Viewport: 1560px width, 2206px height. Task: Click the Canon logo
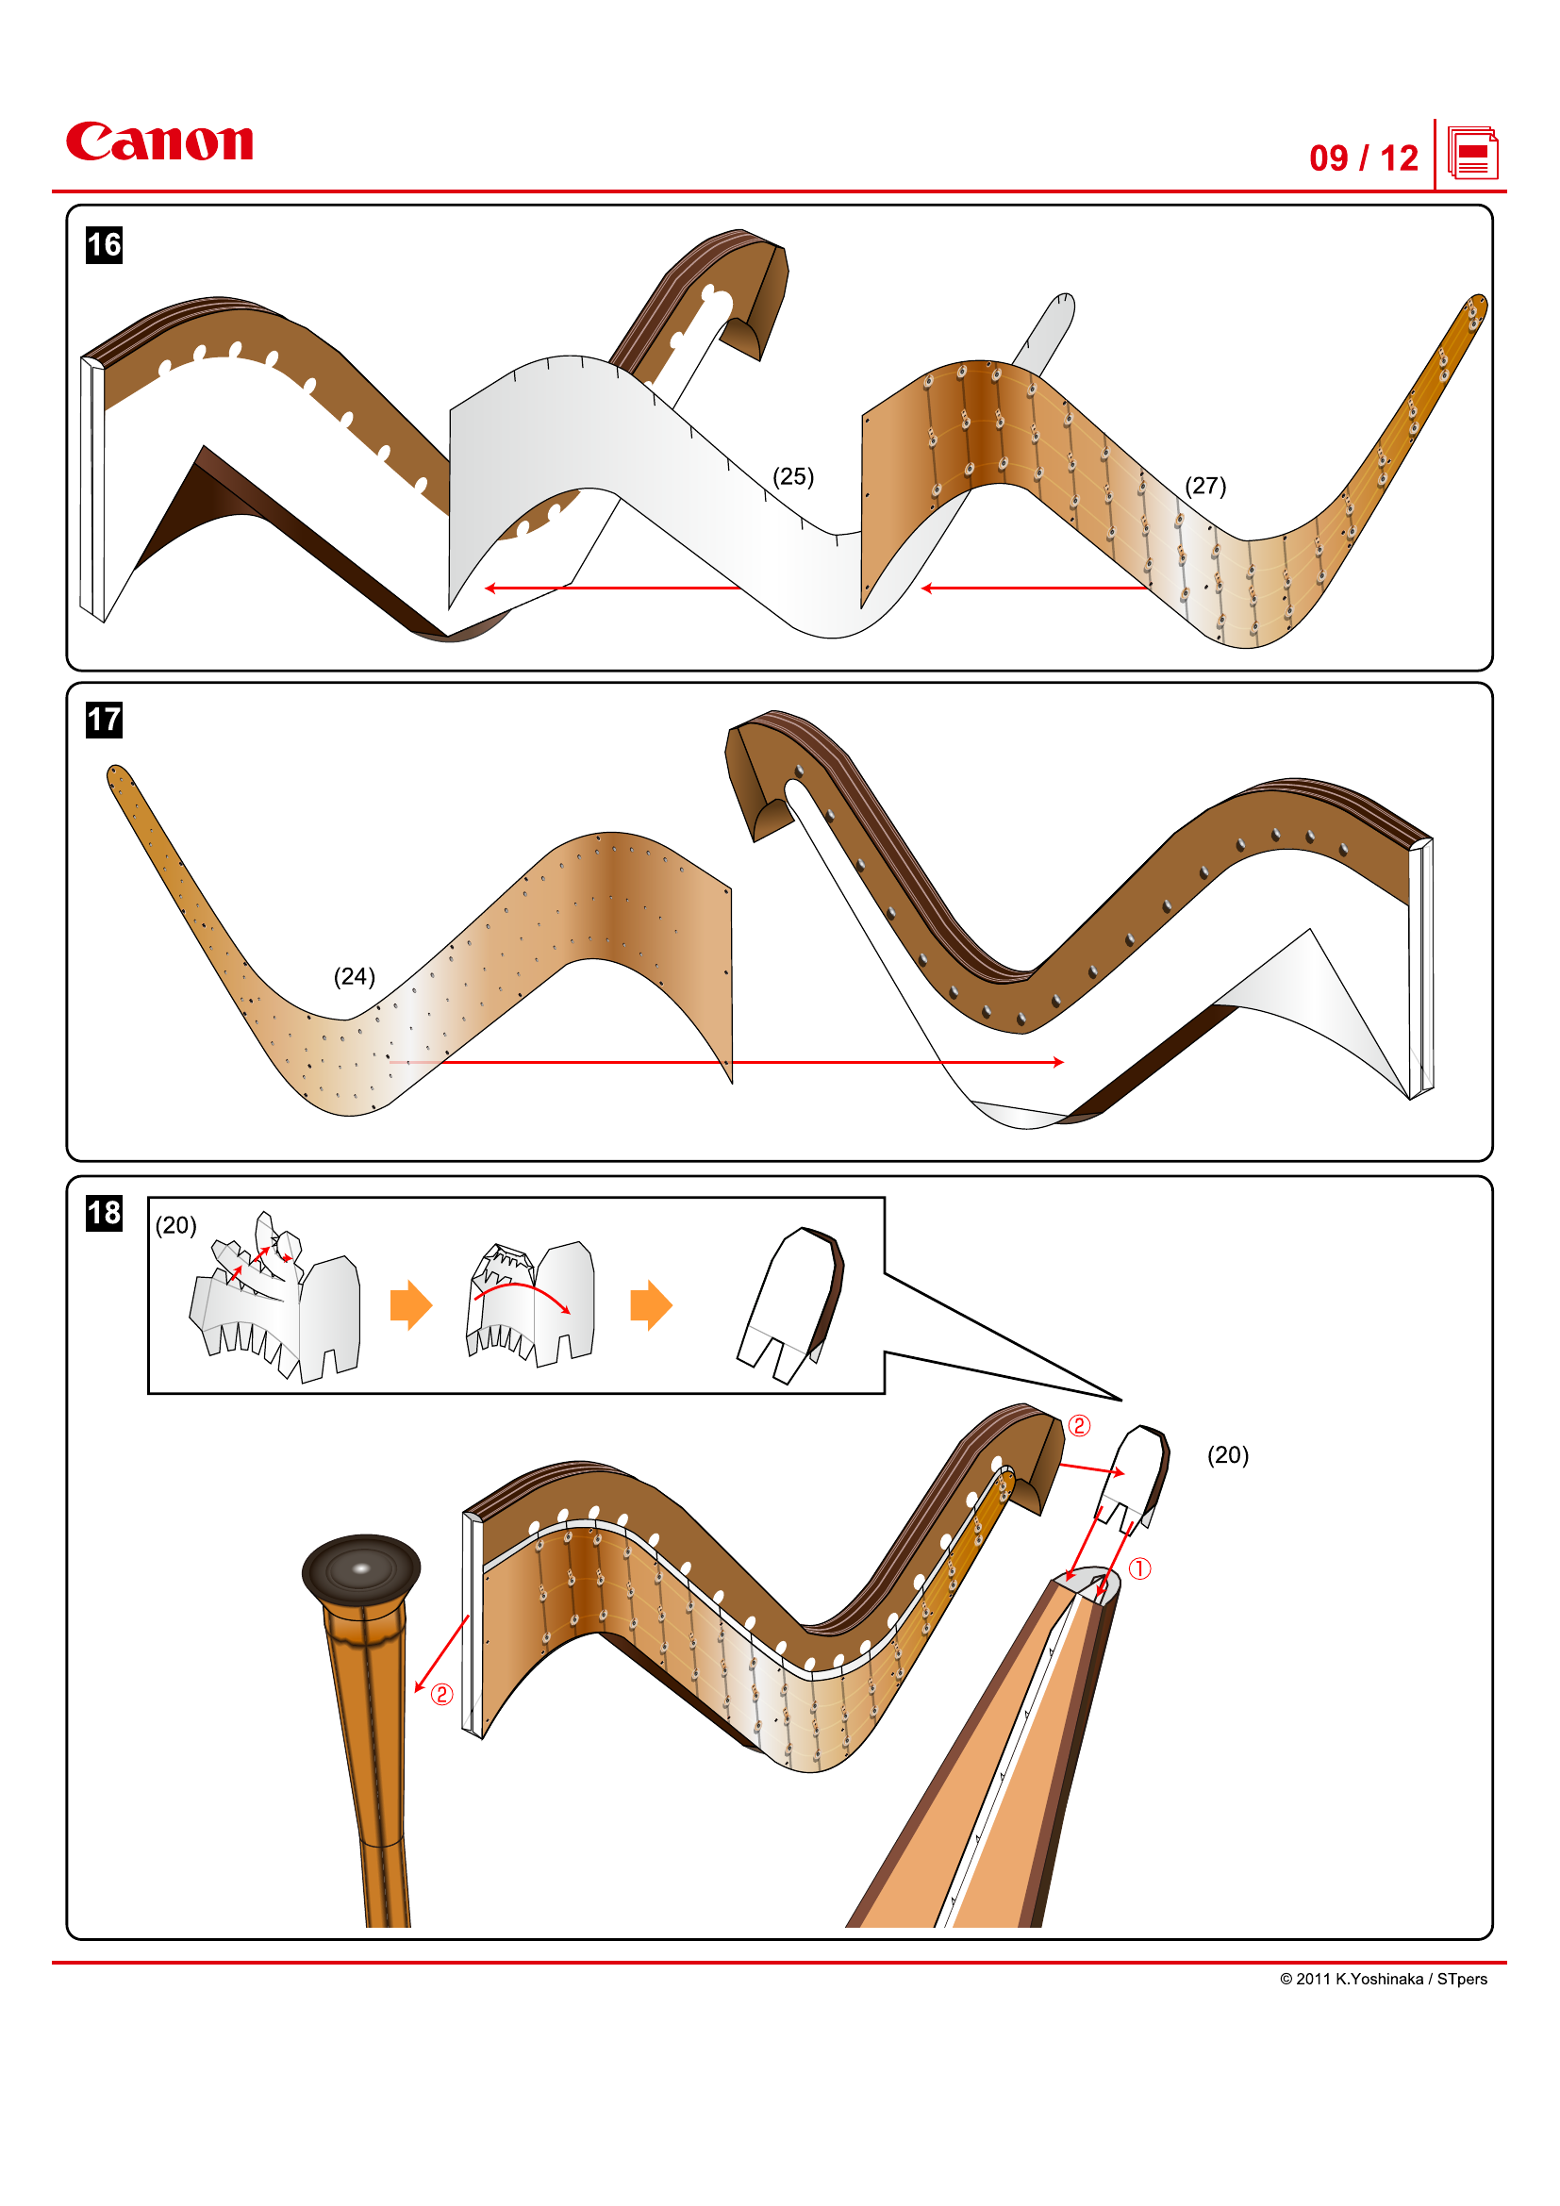click(x=159, y=141)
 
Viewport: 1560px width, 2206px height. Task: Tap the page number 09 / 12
click(x=1362, y=158)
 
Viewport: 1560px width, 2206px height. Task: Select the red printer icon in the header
click(x=1471, y=154)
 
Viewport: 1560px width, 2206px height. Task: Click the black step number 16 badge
click(x=104, y=245)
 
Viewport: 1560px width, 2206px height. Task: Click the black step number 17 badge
click(x=104, y=720)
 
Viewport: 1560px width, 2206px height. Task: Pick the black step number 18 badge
click(x=104, y=1213)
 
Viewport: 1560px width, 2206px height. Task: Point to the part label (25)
click(x=792, y=476)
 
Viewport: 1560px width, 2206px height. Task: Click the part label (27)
click(x=1204, y=485)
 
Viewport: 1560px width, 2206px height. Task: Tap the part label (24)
click(x=354, y=976)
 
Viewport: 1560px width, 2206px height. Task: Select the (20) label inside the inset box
click(x=175, y=1225)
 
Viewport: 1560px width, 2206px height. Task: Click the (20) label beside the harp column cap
click(x=1227, y=1454)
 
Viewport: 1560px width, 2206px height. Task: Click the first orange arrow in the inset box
click(x=411, y=1304)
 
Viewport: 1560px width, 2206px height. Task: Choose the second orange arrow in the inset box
click(x=651, y=1304)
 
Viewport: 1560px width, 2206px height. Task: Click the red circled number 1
click(x=1138, y=1569)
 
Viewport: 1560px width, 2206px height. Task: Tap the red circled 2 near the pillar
click(x=440, y=1694)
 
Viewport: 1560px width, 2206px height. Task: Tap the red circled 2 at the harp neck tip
click(x=1079, y=1426)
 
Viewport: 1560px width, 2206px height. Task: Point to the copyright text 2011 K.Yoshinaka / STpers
click(x=1383, y=1979)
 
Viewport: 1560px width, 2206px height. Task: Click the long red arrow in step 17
click(x=730, y=1062)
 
